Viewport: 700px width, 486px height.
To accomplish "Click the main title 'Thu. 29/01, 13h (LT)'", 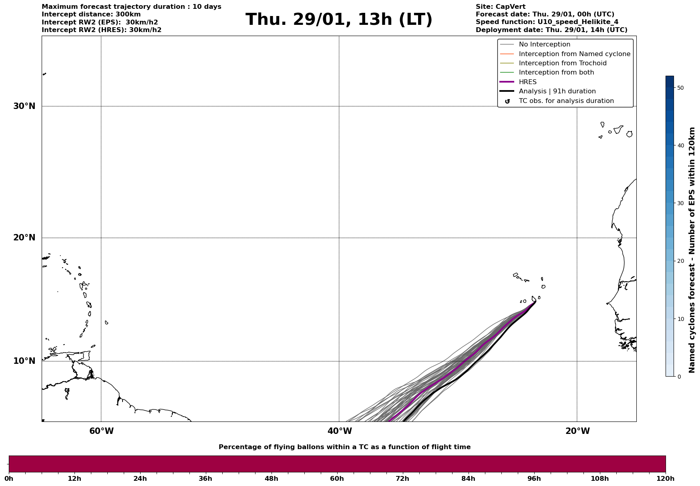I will (x=339, y=20).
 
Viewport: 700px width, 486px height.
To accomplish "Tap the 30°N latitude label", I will (x=24, y=106).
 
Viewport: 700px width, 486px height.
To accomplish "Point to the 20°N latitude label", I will (x=24, y=238).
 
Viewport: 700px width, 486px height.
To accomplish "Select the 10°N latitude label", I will (x=24, y=361).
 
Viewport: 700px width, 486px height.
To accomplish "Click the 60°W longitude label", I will (x=101, y=431).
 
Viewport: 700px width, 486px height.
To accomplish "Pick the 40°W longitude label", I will (x=340, y=431).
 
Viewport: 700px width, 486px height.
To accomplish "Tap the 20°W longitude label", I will (x=577, y=431).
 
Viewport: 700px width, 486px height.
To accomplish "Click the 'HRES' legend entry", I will (x=527, y=82).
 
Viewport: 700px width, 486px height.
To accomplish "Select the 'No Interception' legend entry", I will (x=544, y=44).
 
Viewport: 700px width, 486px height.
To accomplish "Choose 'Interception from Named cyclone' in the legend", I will (x=574, y=54).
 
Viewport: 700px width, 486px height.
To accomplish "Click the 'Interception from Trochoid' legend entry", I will (x=562, y=63).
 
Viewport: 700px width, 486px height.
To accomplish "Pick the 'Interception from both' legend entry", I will (x=556, y=73).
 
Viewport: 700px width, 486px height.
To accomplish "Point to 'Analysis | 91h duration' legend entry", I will (x=557, y=91).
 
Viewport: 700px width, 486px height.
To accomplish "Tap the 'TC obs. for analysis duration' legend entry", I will (x=566, y=101).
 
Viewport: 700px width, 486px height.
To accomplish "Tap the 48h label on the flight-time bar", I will (x=271, y=478).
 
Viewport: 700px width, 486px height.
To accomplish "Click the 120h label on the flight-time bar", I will (x=665, y=478).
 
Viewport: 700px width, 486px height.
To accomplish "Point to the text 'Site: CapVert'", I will (x=500, y=7).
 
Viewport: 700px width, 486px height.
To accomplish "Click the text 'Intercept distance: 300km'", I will (x=91, y=14).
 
